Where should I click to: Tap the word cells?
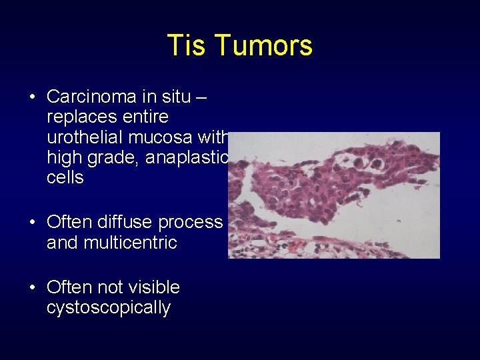pos(65,177)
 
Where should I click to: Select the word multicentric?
pos(129,243)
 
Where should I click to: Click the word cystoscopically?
pos(108,308)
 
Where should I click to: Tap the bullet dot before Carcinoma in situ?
pos(32,97)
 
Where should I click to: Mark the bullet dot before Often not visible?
pos(32,288)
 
